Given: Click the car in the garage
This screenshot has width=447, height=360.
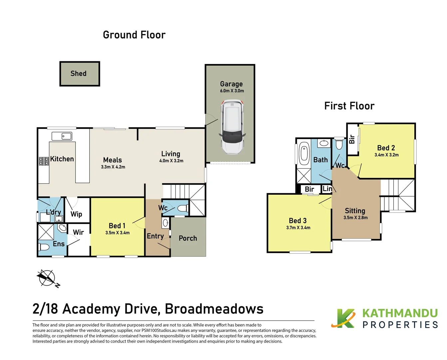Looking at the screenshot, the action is tap(232, 127).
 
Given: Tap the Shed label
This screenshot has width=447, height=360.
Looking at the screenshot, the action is tap(78, 73).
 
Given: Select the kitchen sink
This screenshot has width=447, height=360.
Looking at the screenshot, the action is tap(62, 136).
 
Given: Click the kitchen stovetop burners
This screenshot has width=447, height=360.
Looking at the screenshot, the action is tap(44, 161).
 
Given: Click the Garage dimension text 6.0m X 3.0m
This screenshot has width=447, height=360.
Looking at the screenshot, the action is tap(232, 91).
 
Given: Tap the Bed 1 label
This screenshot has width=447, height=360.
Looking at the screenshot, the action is tap(117, 226).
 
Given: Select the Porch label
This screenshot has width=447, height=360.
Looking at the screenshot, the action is tap(188, 238).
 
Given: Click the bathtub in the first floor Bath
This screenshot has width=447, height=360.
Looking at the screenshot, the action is tap(304, 154).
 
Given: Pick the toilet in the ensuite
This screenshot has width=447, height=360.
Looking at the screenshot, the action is tap(44, 247).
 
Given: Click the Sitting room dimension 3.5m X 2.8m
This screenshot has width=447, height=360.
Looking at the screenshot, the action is tap(355, 218).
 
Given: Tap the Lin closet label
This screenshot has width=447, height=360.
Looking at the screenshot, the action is tap(327, 189).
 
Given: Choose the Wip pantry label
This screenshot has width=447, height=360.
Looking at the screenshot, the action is tap(76, 214).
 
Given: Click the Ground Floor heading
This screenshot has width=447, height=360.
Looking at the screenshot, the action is tap(134, 35).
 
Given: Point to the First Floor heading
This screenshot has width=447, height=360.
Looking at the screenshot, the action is tap(349, 106).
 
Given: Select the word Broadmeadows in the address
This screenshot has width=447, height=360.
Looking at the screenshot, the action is tap(214, 309).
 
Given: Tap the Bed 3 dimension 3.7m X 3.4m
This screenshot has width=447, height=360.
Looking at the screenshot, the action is tap(298, 228).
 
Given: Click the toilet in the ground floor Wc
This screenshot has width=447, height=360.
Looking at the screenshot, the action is tap(183, 208).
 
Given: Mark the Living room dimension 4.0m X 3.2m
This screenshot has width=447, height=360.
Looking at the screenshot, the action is tap(171, 161).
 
